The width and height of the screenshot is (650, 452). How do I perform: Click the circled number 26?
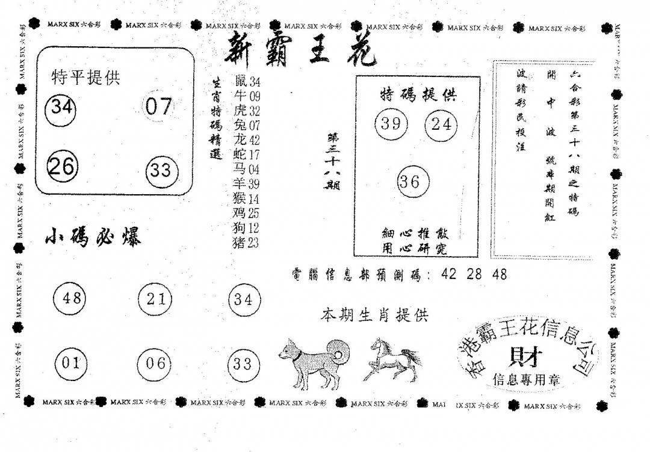[61, 166]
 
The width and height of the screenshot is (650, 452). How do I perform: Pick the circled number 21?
[155, 298]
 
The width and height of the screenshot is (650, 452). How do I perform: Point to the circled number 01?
[70, 363]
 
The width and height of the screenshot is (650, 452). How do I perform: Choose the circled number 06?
[155, 363]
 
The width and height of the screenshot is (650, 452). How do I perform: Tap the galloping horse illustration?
[392, 360]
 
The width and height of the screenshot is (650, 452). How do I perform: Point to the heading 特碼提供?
[418, 94]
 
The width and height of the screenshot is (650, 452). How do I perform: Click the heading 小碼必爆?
[93, 238]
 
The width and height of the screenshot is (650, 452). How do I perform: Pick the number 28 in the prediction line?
[474, 274]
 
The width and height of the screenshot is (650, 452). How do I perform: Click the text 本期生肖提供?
[374, 314]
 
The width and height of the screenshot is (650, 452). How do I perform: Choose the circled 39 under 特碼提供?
[391, 124]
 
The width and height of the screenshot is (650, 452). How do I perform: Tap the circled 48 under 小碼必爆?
[70, 298]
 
